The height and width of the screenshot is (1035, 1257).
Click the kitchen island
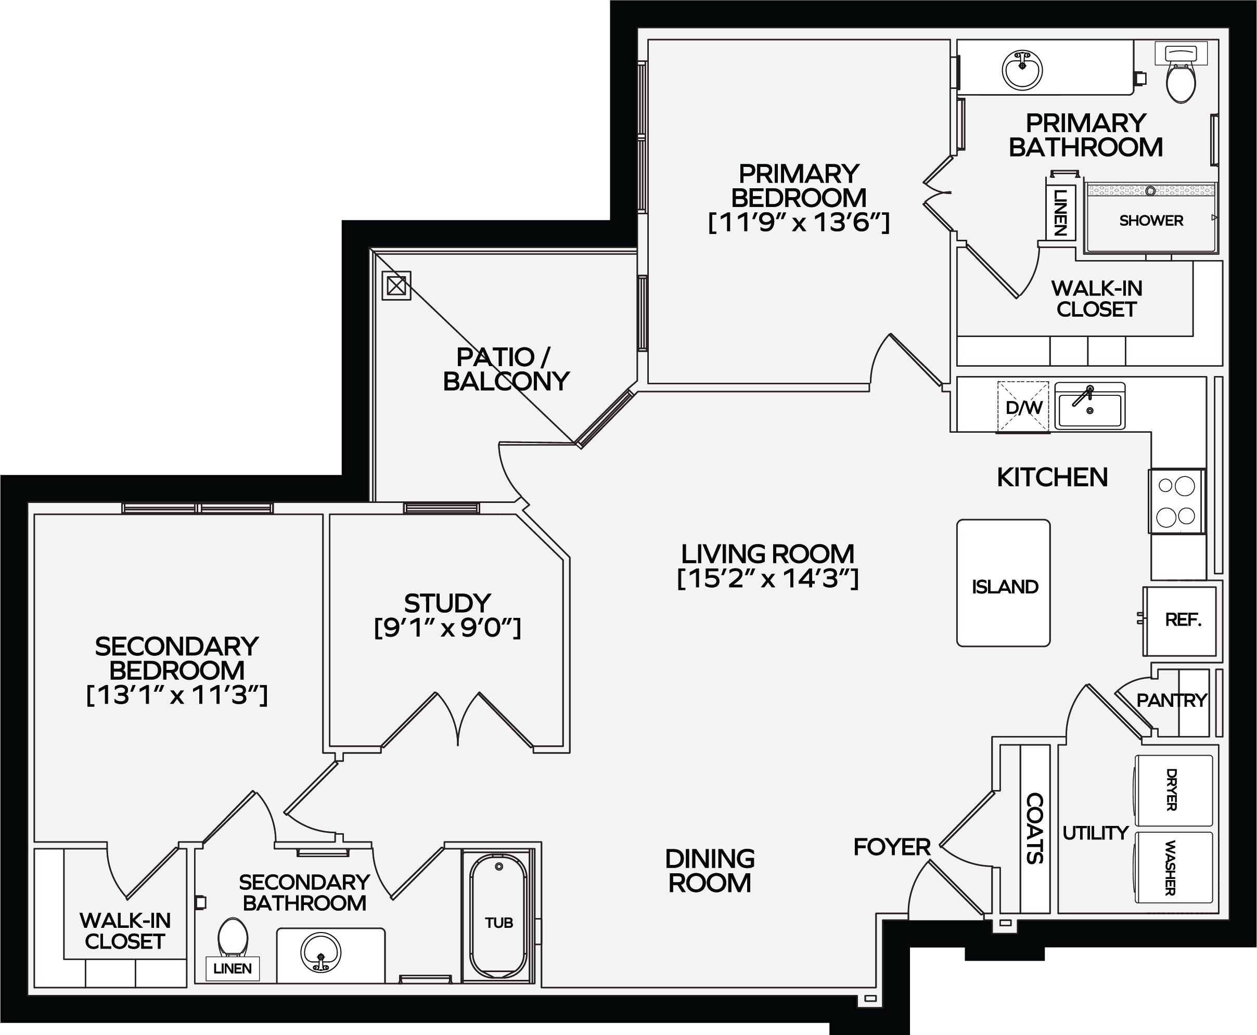point(1003,583)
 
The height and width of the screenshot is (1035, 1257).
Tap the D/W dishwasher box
point(1023,407)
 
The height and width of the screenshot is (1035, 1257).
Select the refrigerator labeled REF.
point(1179,621)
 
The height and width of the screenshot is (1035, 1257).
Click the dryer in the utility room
point(1173,790)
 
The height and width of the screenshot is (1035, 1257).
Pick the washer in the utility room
point(1173,868)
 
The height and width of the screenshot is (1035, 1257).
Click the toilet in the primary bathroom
point(1181,72)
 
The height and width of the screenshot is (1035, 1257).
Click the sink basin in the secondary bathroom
point(321,952)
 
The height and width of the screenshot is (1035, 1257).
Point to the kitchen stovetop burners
point(1176,501)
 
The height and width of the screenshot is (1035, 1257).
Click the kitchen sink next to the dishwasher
point(1089,406)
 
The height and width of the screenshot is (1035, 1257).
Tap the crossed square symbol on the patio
point(396,286)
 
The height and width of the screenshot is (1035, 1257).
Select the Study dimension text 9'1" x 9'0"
point(447,628)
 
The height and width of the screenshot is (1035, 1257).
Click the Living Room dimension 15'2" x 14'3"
point(768,578)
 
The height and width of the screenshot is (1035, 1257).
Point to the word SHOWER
point(1151,221)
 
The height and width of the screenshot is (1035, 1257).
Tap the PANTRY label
point(1172,700)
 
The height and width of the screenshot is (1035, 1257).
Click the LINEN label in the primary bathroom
point(1060,213)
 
